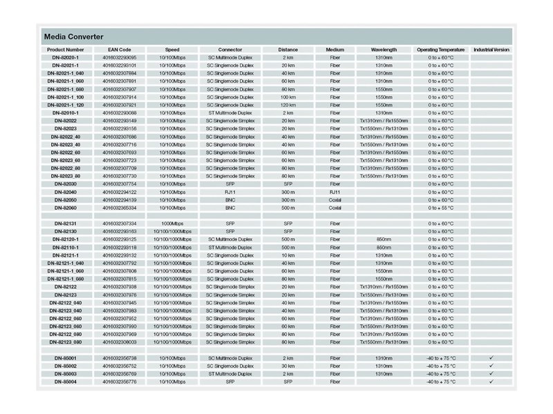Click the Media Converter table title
(x=74, y=36)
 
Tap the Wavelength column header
(x=384, y=50)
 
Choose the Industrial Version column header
(x=491, y=50)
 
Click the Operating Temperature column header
(x=440, y=50)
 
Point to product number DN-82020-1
(x=66, y=57)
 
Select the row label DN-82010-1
(x=66, y=112)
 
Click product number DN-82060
(x=66, y=207)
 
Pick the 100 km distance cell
(x=288, y=97)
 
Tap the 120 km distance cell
(x=288, y=105)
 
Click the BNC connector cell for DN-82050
(x=230, y=199)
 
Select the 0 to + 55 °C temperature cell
(x=440, y=207)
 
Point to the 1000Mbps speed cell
(x=172, y=224)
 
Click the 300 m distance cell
(x=288, y=192)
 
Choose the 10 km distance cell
(x=288, y=255)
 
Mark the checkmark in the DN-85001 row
(x=491, y=358)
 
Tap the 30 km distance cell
(x=288, y=366)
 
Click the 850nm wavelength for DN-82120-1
(x=384, y=239)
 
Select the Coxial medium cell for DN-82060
(x=335, y=207)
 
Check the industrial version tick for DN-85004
(x=491, y=382)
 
